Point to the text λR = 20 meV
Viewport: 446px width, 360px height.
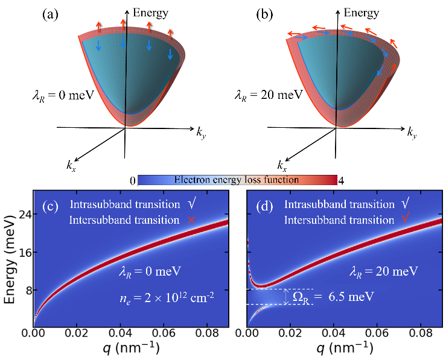pyautogui.click(x=387, y=271)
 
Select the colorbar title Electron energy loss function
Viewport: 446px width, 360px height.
pyautogui.click(x=237, y=180)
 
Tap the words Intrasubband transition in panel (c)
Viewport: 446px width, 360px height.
pyautogui.click(x=116, y=205)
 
